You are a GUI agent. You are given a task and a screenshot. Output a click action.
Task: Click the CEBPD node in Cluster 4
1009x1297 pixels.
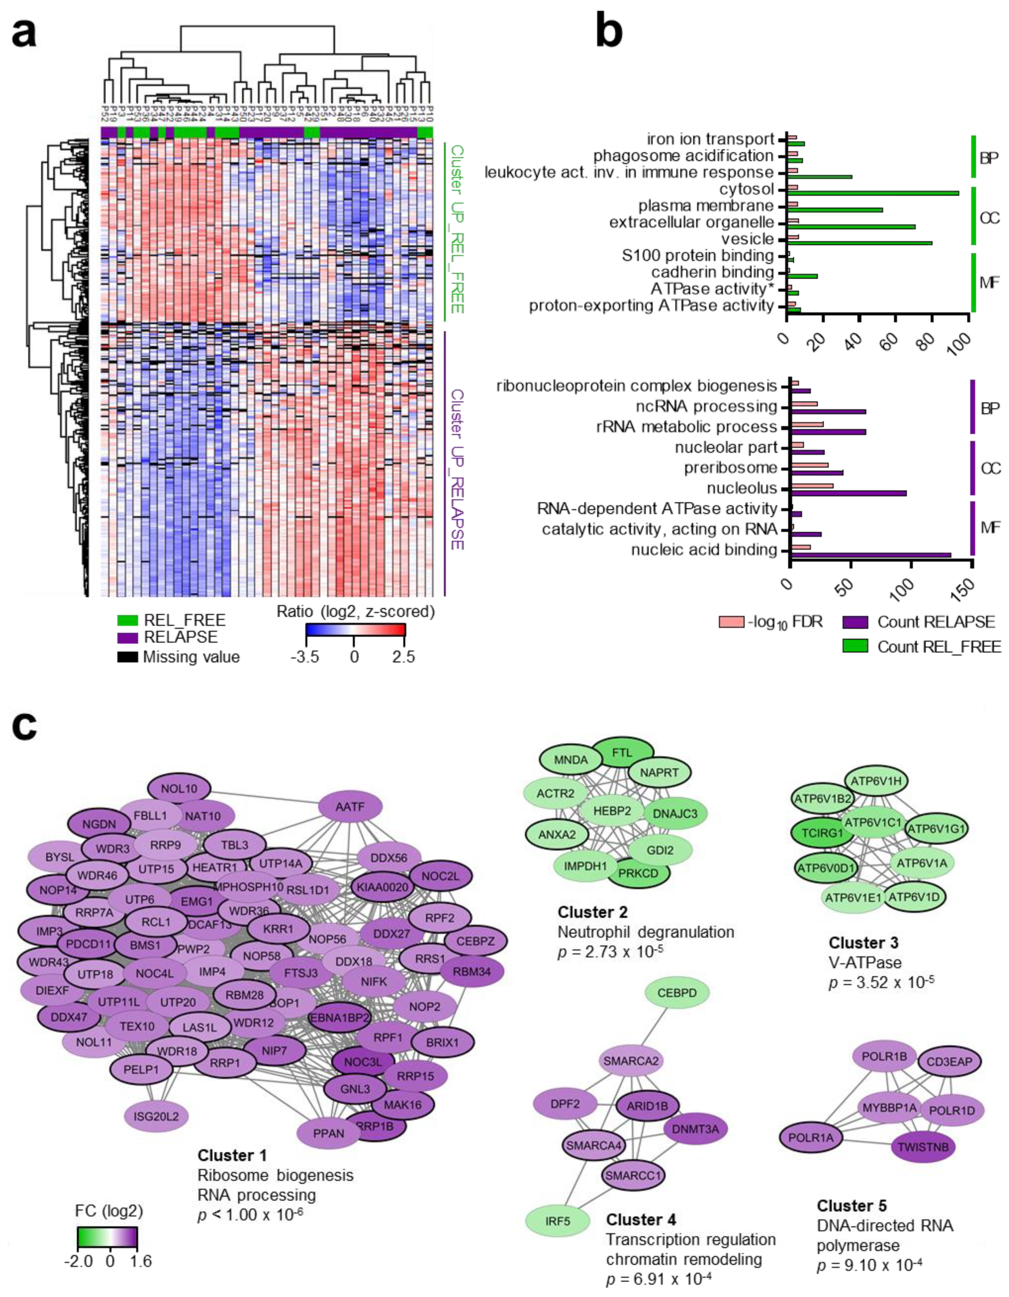coord(677,992)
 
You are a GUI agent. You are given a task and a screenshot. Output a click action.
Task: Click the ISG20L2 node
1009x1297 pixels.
coord(156,1116)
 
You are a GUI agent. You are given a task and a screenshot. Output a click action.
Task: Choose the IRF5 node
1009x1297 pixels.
coord(557,1221)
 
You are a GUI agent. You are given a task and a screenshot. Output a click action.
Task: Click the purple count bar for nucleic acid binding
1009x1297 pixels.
coord(870,554)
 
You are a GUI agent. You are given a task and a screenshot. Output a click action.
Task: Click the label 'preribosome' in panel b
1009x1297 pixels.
coord(730,468)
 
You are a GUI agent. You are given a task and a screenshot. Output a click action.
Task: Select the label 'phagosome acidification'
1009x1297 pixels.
coord(683,156)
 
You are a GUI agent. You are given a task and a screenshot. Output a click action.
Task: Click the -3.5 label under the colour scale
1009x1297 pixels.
coord(304,657)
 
